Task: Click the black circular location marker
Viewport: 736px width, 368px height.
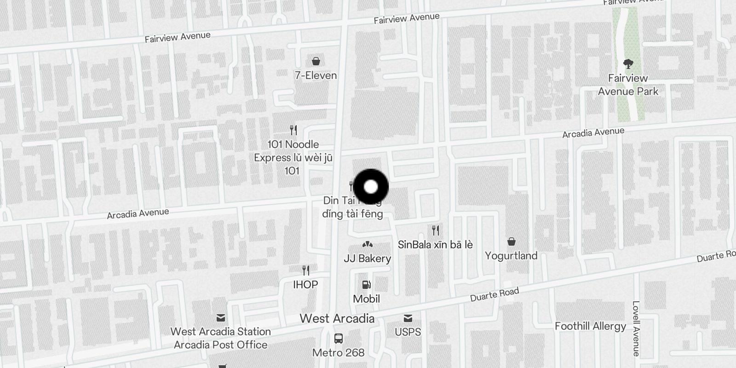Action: click(x=371, y=187)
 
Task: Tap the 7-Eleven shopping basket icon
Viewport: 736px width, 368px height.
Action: click(x=316, y=61)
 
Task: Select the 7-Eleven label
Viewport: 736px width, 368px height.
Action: click(x=316, y=75)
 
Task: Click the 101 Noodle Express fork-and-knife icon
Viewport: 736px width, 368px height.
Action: click(x=293, y=130)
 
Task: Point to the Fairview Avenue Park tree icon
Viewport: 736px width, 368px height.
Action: click(x=628, y=63)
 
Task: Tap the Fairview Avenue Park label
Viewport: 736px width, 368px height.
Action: click(x=628, y=85)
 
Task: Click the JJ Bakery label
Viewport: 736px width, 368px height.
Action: click(x=367, y=259)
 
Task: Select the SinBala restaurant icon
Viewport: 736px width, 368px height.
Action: click(x=435, y=230)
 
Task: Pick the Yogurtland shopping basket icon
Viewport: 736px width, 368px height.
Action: click(x=511, y=241)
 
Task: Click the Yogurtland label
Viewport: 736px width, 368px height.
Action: click(x=511, y=256)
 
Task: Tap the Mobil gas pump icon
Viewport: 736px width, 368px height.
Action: click(x=367, y=285)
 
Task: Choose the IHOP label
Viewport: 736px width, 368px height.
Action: click(x=305, y=285)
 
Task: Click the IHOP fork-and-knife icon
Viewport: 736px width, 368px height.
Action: click(x=305, y=270)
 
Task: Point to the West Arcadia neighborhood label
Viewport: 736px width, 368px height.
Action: click(x=337, y=318)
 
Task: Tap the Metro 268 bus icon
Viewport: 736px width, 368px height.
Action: click(x=339, y=339)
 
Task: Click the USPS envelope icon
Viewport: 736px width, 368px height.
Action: click(x=408, y=318)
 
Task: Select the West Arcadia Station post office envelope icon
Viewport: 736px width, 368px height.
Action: click(x=221, y=317)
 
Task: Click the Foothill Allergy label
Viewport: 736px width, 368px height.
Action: click(x=590, y=326)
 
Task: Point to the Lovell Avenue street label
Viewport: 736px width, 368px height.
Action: click(x=636, y=328)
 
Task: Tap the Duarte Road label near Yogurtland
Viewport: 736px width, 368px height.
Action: click(x=494, y=294)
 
